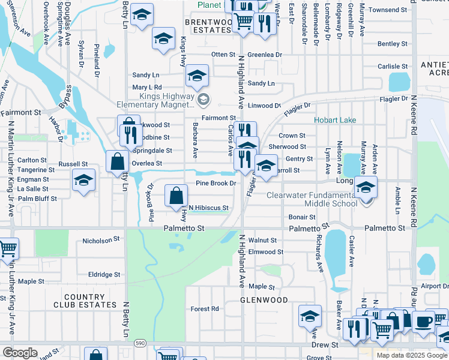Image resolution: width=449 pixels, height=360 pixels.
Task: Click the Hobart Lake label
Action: (x=335, y=120)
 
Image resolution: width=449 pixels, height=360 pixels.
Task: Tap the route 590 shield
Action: (x=139, y=343)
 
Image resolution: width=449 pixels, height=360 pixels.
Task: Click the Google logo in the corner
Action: (x=19, y=353)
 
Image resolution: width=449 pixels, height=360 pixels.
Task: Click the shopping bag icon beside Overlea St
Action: (x=117, y=161)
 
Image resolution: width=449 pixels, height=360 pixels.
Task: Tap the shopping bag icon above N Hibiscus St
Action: (x=175, y=195)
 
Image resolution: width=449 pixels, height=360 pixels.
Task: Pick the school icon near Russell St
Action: (x=83, y=179)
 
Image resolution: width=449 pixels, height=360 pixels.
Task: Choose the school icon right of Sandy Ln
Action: (x=196, y=76)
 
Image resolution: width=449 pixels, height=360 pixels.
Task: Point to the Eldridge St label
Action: (x=104, y=274)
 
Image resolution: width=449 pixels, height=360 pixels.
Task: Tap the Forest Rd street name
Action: (x=205, y=309)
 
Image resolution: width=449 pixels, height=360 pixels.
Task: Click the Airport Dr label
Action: (x=435, y=287)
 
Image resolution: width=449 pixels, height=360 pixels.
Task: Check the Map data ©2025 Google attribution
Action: (x=412, y=355)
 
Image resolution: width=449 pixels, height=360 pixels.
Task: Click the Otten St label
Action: (x=223, y=55)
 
